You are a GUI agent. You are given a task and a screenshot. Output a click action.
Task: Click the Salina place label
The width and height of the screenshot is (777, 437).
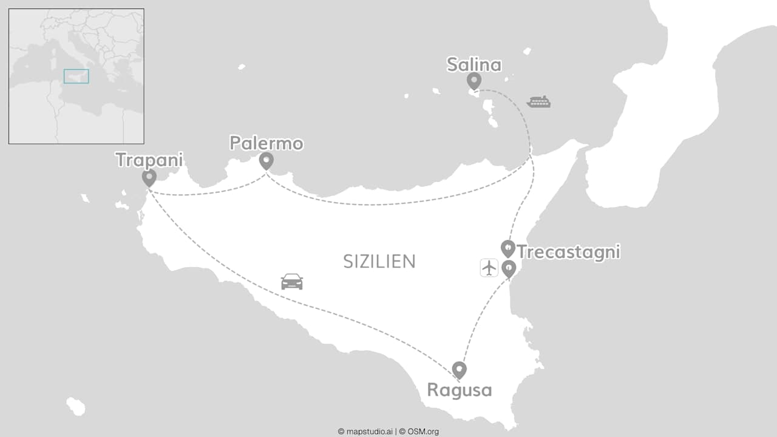pyautogui.click(x=473, y=64)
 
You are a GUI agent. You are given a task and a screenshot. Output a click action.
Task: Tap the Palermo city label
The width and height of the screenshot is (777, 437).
pyautogui.click(x=266, y=143)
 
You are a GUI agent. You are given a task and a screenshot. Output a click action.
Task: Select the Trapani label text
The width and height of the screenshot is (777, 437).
pyautogui.click(x=149, y=160)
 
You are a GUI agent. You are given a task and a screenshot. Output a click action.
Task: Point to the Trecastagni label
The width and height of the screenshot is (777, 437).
pyautogui.click(x=568, y=252)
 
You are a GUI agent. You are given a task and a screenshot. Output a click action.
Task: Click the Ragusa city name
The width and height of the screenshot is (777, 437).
pyautogui.click(x=459, y=390)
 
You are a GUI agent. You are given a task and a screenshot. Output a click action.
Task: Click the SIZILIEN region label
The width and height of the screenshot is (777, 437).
pyautogui.click(x=379, y=262)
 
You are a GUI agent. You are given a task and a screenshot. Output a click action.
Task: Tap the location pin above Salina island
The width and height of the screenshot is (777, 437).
pyautogui.click(x=474, y=80)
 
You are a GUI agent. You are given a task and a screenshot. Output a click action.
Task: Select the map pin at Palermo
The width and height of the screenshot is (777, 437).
pyautogui.click(x=266, y=161)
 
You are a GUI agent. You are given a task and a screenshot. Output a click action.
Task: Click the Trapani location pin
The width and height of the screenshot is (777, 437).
pyautogui.click(x=149, y=177)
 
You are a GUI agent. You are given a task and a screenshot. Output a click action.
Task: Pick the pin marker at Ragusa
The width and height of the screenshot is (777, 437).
pyautogui.click(x=460, y=369)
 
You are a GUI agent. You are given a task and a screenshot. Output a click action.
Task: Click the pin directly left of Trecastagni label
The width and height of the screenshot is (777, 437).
pyautogui.click(x=507, y=248)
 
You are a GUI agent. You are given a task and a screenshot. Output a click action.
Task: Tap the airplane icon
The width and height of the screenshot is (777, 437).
pyautogui.click(x=489, y=268)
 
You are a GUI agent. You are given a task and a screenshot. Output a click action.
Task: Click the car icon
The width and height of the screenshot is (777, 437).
pyautogui.click(x=291, y=282)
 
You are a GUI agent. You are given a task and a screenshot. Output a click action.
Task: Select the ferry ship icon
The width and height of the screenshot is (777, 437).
pyautogui.click(x=538, y=102)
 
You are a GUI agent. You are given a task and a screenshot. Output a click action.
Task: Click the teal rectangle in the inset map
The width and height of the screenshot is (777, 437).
pyautogui.click(x=76, y=76)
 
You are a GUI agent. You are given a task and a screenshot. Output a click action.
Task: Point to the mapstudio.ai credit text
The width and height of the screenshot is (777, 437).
pyautogui.click(x=366, y=432)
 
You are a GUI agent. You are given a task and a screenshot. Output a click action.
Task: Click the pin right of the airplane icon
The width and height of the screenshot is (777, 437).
pyautogui.click(x=509, y=268)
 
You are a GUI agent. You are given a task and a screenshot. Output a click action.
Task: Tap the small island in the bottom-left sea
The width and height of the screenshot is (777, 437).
pyautogui.click(x=76, y=406)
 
